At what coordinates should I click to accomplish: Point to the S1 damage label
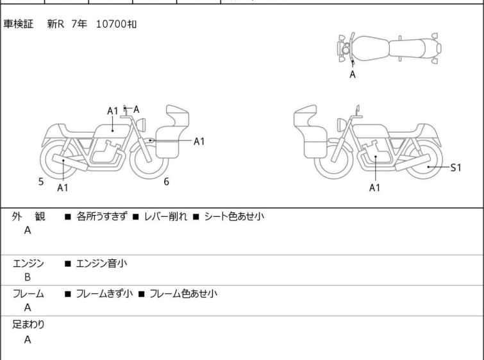click(455, 167)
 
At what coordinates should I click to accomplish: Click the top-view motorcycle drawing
click(388, 47)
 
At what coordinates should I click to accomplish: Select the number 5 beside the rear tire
click(41, 182)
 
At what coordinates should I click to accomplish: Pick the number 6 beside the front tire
click(166, 182)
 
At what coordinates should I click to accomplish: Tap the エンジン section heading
click(29, 263)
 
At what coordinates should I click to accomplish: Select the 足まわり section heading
click(29, 324)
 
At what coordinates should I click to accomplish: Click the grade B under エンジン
click(28, 277)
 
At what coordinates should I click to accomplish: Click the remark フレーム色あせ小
click(183, 294)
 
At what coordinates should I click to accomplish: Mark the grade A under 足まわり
click(28, 339)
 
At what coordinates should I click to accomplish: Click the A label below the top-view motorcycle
click(352, 74)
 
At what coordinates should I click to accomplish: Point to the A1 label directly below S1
click(375, 187)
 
